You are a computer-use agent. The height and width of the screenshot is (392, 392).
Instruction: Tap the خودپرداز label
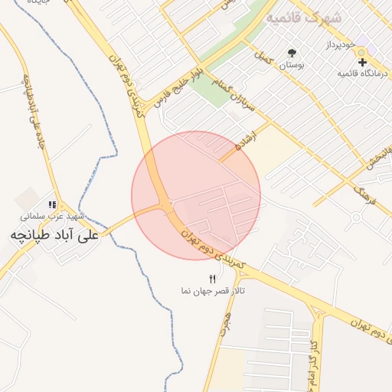pyautogui.click(x=337, y=45)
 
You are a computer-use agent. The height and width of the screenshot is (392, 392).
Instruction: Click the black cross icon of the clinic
pyautogui.click(x=362, y=61)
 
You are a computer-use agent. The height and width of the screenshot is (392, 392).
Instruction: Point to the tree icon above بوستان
pyautogui.click(x=292, y=53)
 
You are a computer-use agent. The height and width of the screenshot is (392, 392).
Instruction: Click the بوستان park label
pyautogui.click(x=291, y=67)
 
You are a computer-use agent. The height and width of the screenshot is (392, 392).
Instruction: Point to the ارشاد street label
pyautogui.click(x=243, y=141)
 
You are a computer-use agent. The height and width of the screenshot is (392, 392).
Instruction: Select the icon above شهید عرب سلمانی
pyautogui.click(x=52, y=204)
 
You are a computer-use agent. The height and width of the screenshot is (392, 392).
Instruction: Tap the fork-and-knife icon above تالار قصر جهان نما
pyautogui.click(x=212, y=279)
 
